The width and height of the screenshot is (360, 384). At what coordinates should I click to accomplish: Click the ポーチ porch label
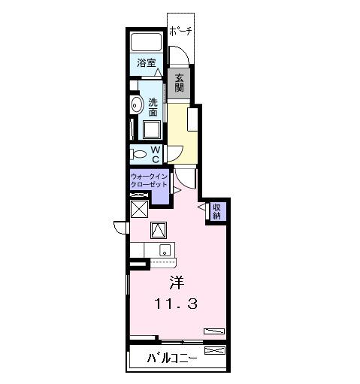(180, 31)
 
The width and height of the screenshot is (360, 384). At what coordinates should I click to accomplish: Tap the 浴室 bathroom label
(147, 64)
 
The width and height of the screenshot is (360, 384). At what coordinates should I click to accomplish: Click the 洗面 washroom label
(153, 107)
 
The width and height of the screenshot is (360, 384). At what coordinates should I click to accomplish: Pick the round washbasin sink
(136, 104)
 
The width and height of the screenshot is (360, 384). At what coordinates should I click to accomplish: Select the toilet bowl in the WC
(140, 154)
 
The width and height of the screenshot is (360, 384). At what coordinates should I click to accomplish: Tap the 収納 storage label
(216, 211)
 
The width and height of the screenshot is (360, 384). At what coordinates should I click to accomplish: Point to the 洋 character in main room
(176, 283)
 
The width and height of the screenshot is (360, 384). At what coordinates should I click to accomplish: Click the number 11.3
(176, 304)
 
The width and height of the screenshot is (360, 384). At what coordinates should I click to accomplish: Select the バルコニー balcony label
(172, 357)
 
